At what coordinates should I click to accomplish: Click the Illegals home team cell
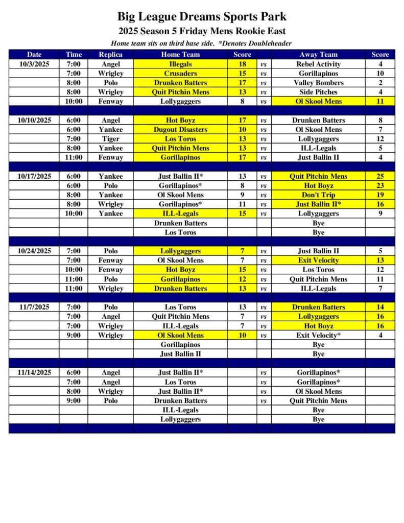pos(180,64)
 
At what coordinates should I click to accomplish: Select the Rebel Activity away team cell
pos(318,64)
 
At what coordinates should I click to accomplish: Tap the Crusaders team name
pos(180,74)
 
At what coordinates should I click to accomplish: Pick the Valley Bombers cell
pos(318,83)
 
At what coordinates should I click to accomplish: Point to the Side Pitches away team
pos(318,92)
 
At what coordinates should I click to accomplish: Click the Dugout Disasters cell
pos(180,130)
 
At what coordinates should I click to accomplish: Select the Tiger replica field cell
pos(110,139)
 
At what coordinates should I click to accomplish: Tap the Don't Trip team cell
pos(318,195)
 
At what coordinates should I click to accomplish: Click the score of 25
pos(380,176)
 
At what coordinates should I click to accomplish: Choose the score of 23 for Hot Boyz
pos(380,185)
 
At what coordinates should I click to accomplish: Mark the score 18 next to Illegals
pos(243,64)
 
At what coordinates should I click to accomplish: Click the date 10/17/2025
pos(34,176)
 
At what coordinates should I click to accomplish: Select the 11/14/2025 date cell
pos(34,373)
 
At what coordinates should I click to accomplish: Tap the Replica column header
pos(110,54)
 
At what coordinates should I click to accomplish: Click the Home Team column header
pos(180,54)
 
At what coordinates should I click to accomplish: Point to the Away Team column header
pos(318,54)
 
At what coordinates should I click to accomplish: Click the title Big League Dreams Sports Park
pos(202,17)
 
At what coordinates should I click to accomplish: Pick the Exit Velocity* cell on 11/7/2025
pos(318,335)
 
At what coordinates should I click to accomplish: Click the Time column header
pos(73,54)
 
